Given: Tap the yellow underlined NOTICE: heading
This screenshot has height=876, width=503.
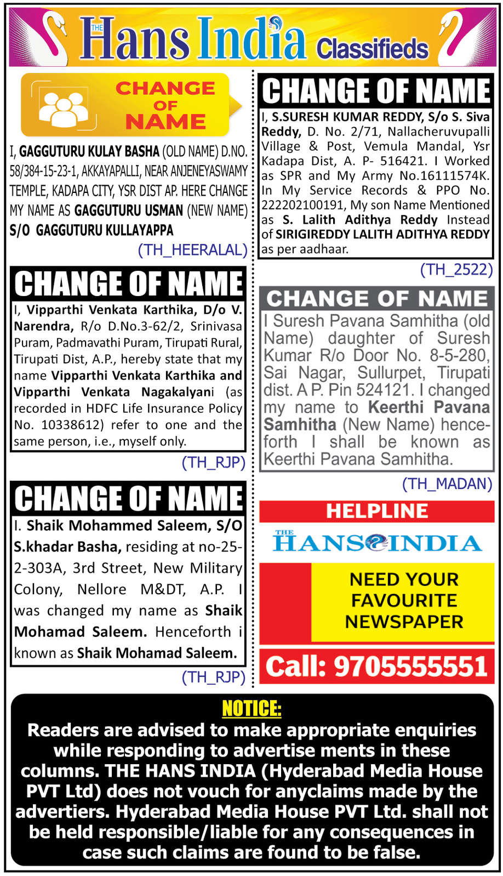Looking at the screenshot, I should [x=251, y=709].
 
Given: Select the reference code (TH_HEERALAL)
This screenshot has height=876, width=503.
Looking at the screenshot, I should [x=193, y=250].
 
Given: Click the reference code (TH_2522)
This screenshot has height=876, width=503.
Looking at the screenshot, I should [x=456, y=269].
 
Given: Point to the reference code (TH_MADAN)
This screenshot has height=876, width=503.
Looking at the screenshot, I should [x=447, y=483].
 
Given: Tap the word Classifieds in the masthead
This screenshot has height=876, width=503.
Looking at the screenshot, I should [x=372, y=48].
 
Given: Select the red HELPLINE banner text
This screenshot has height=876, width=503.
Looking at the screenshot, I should [x=377, y=511].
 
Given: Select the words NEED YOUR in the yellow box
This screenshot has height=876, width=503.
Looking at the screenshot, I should [x=404, y=579].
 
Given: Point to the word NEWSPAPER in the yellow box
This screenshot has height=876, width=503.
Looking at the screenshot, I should [x=404, y=622].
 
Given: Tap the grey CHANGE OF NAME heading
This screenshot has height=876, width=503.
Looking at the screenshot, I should [x=377, y=299].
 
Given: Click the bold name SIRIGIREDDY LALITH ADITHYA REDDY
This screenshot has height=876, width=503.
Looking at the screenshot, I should [x=382, y=234].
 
